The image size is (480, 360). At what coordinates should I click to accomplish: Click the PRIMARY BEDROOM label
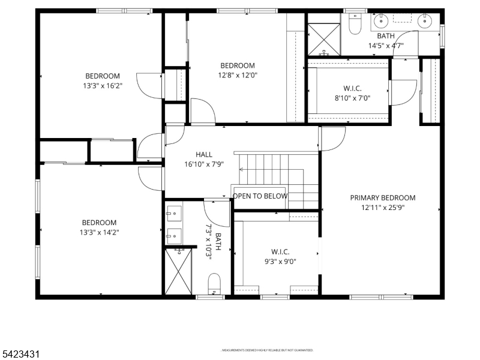[383, 197]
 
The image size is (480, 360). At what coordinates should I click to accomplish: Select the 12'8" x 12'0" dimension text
[237, 76]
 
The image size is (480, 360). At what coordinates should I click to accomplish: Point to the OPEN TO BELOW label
[260, 196]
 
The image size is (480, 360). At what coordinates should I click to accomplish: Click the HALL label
[204, 155]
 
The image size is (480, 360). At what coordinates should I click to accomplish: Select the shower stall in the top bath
[324, 38]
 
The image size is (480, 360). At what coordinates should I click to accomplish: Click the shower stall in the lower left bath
[178, 271]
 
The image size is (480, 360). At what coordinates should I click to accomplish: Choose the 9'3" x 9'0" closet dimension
[280, 261]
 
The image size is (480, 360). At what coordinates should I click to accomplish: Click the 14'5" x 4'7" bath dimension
[386, 46]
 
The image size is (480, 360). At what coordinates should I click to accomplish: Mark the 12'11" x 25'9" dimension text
[383, 208]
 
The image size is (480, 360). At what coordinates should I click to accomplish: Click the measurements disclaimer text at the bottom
[268, 350]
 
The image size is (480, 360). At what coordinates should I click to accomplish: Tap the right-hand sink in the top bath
[425, 22]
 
